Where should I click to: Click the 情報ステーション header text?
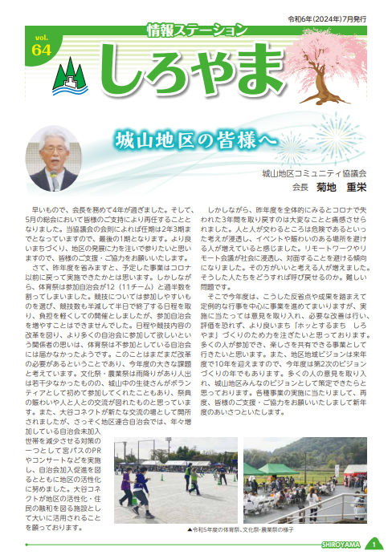pos(198,30)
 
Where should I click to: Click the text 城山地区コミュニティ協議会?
pos(314,172)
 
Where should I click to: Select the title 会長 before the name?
pos(300,186)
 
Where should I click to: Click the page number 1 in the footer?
pos(374,544)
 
